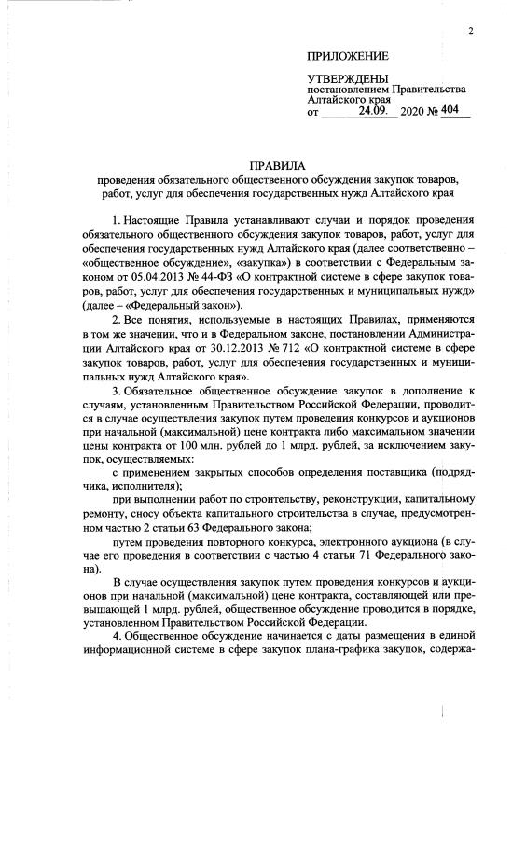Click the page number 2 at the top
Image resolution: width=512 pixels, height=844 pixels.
click(471, 32)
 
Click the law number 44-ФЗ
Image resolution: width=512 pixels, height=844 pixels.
click(209, 277)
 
